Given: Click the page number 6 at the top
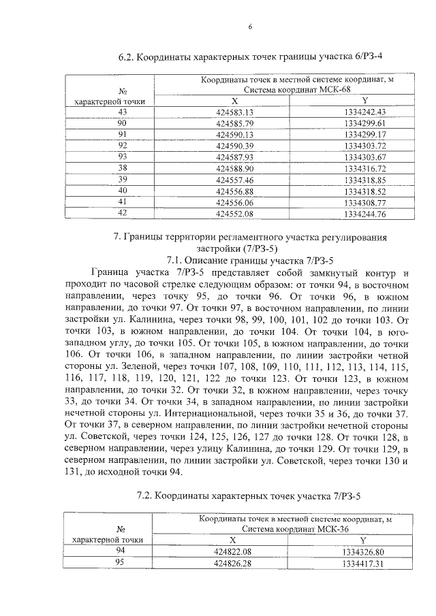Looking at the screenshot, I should [x=251, y=27].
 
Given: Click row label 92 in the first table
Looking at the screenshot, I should [x=123, y=145].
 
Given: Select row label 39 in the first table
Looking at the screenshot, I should [x=123, y=179].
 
